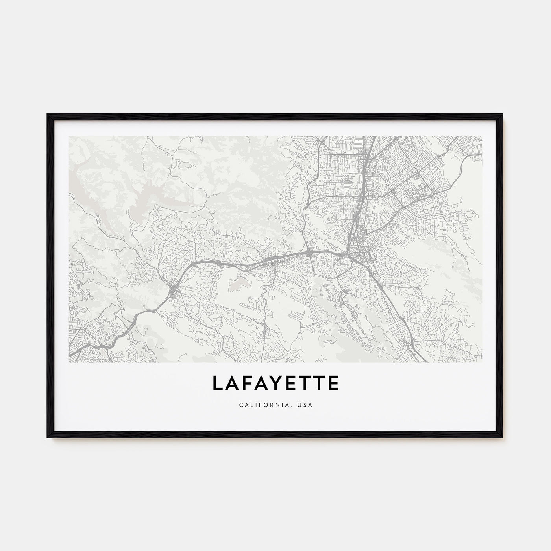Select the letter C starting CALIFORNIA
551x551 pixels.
[x=240, y=405]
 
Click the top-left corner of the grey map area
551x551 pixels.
[x=69, y=137]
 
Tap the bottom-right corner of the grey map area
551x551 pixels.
[x=482, y=362]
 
